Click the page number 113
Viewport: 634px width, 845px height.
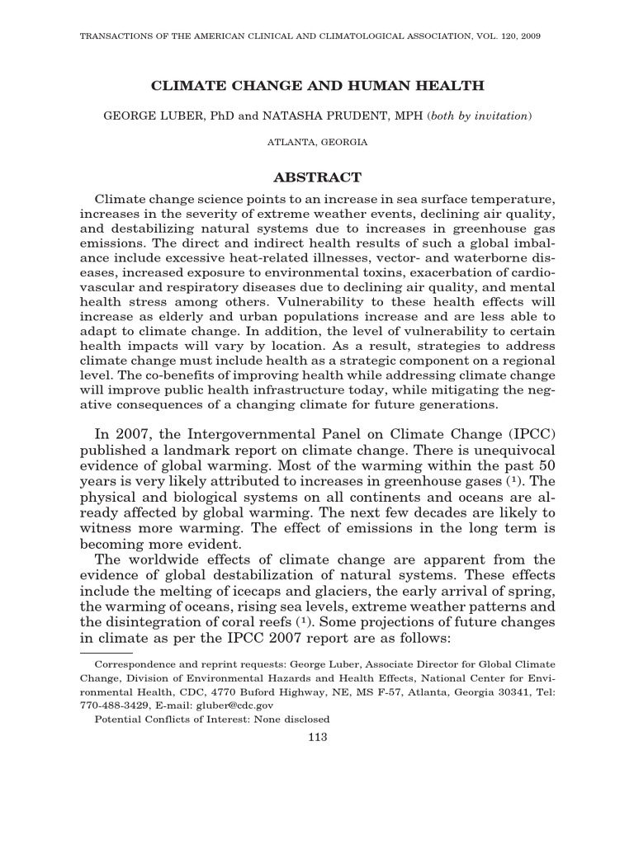coord(317,737)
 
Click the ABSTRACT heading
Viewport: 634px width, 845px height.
coord(317,177)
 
